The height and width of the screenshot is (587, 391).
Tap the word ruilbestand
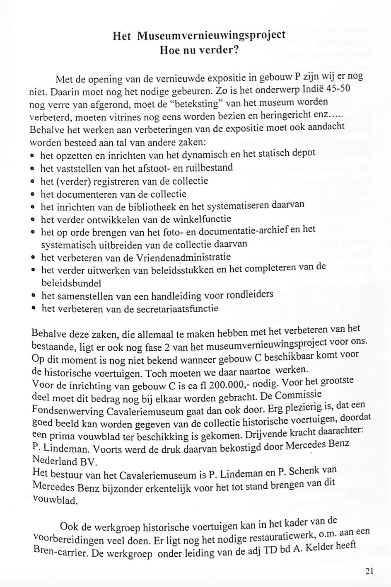click(x=209, y=168)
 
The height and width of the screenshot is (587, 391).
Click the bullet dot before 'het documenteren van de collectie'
click(x=32, y=194)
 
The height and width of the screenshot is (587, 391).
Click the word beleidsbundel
click(x=71, y=284)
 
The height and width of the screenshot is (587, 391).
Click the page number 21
click(x=370, y=571)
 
